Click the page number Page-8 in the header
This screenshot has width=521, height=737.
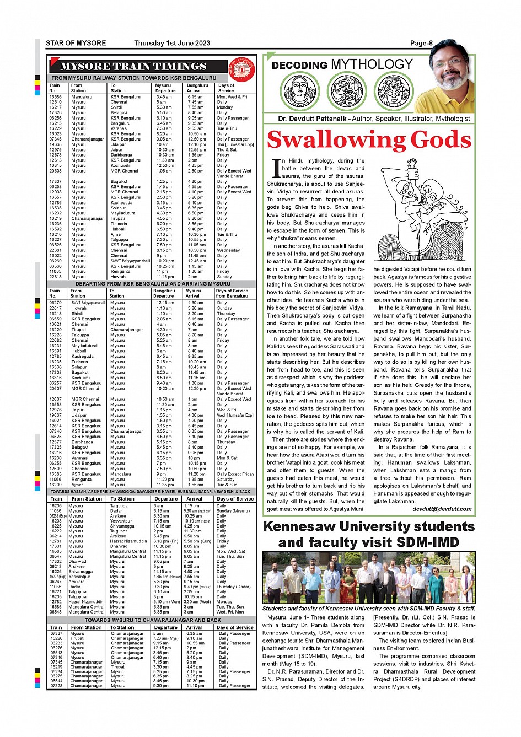421,43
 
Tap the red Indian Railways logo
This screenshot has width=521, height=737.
241,69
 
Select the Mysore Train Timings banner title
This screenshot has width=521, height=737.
133,67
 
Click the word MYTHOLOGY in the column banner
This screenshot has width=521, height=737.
372,64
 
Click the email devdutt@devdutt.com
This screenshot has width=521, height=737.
442,509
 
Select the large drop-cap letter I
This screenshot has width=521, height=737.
276,169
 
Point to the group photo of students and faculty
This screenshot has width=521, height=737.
368,578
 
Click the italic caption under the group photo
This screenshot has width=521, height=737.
368,609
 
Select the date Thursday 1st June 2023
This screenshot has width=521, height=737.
172,43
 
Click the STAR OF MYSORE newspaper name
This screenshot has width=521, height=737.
76,43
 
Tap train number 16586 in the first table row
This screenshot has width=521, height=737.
55,96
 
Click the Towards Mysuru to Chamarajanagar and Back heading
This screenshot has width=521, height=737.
153,620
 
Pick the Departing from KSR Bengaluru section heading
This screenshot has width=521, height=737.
153,283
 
